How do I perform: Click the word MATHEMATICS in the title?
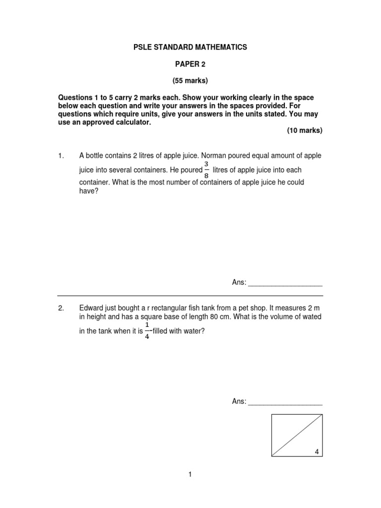pos(222,47)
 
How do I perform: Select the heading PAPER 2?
pos(190,64)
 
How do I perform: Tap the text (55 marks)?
pos(190,80)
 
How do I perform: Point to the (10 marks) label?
pos(305,130)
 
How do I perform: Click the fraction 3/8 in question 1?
pos(206,170)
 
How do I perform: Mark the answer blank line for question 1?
pos(285,284)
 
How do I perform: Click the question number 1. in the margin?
pos(61,156)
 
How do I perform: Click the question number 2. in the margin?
pos(61,309)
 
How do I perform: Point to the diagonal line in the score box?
pos(297,435)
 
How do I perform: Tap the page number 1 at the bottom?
pos(190,475)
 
